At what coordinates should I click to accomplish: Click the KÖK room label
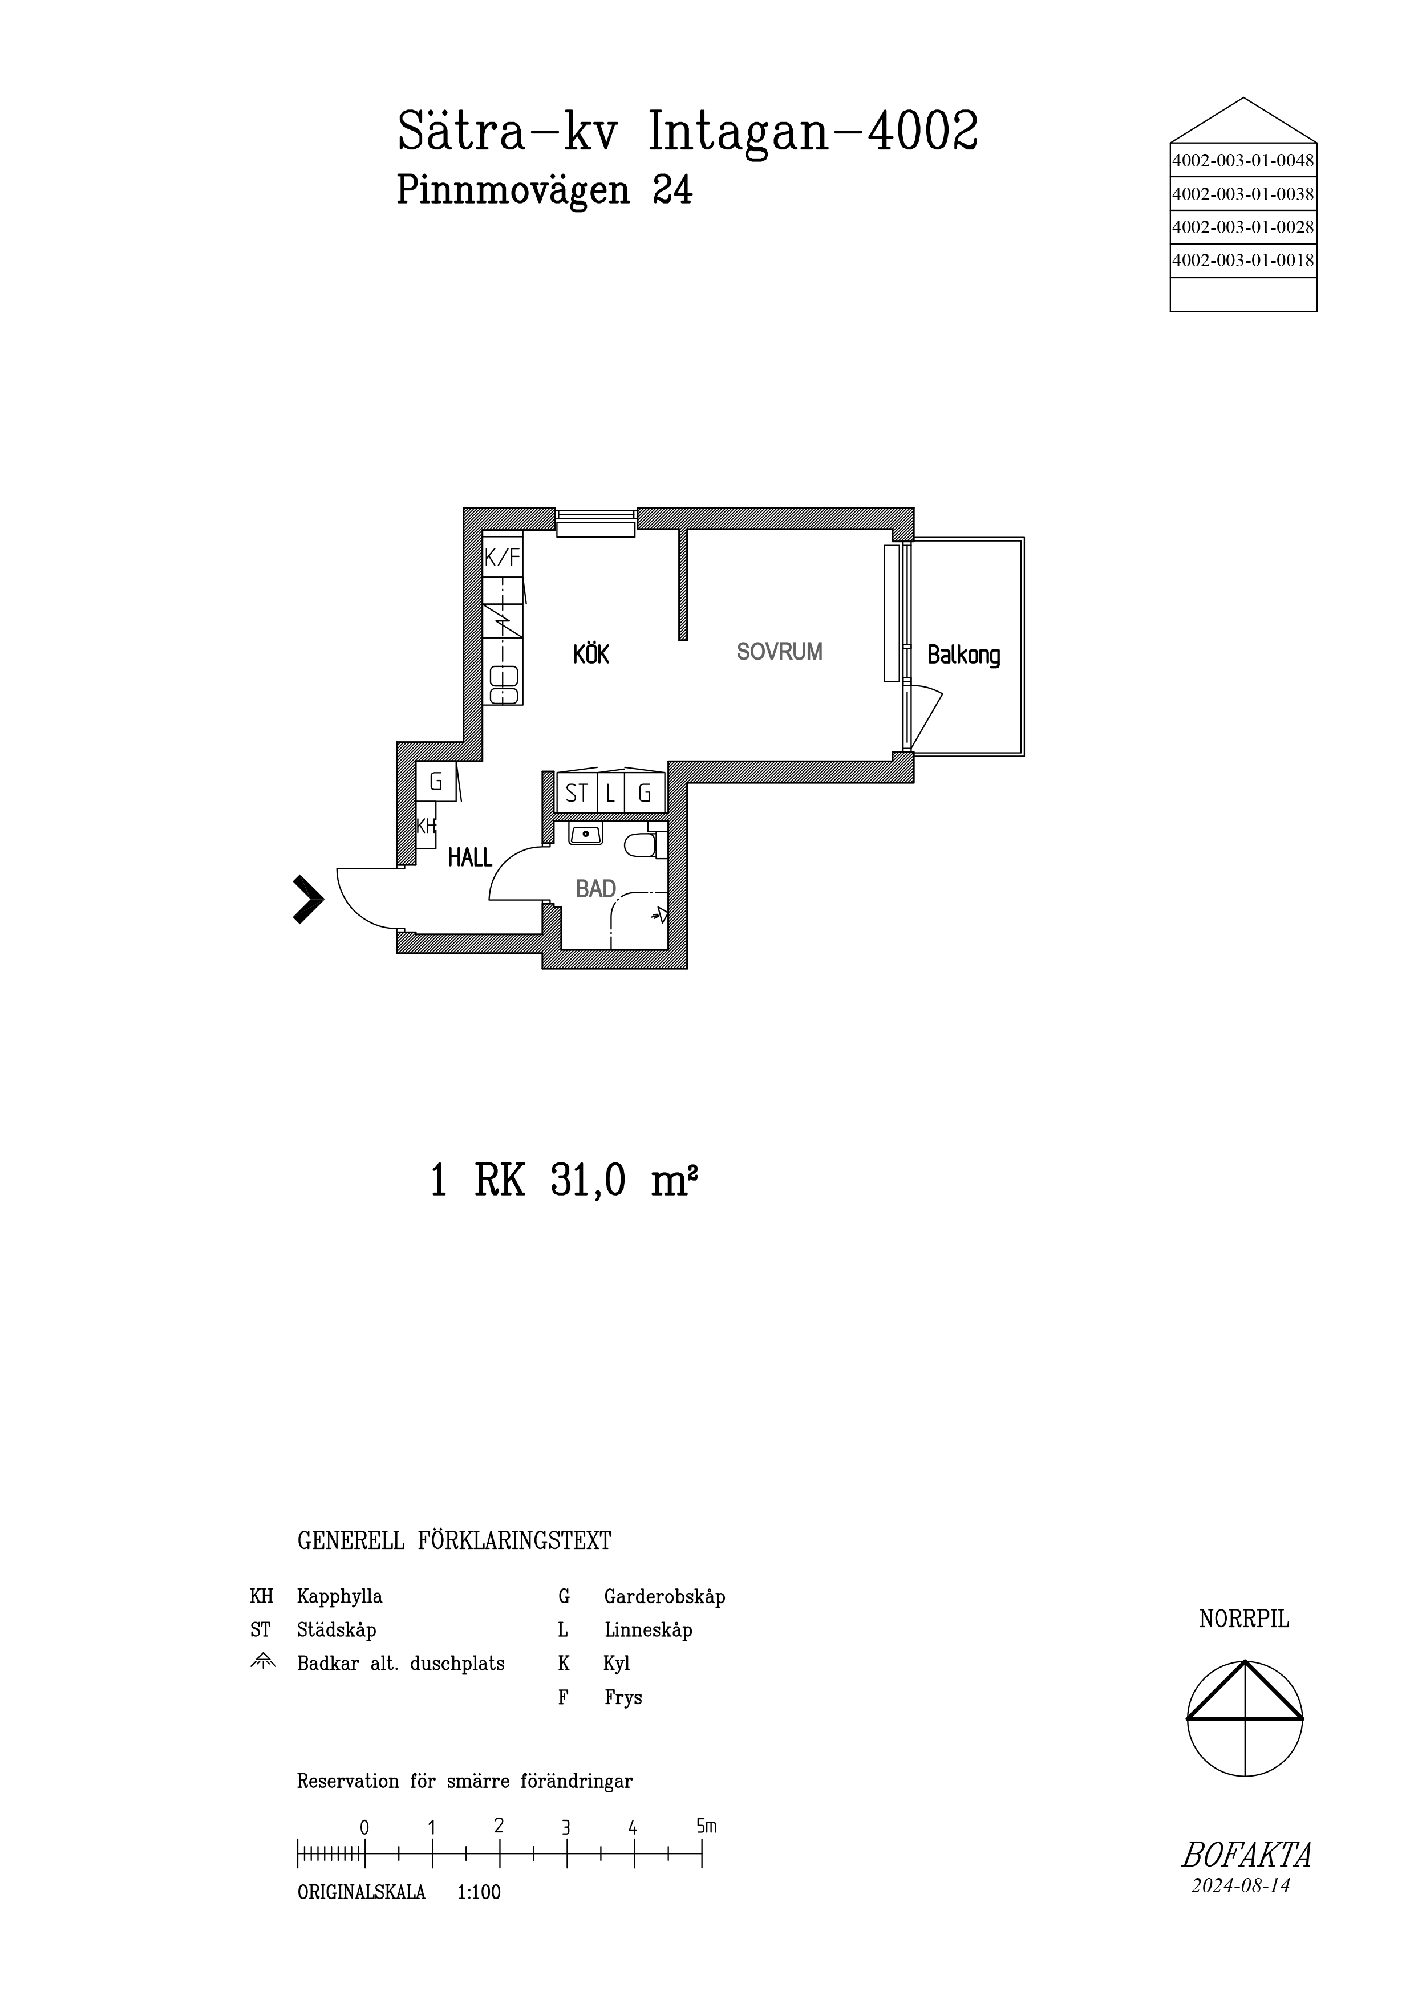pyautogui.click(x=591, y=653)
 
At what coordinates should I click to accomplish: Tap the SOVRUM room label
pyautogui.click(x=779, y=652)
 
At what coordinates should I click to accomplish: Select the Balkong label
pyautogui.click(x=963, y=655)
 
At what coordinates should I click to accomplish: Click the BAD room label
pyautogui.click(x=596, y=888)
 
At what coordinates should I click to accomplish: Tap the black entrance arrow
pyautogui.click(x=307, y=899)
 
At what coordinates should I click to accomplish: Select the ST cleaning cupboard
pyautogui.click(x=576, y=792)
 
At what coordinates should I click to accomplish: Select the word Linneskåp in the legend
pyautogui.click(x=648, y=1630)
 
